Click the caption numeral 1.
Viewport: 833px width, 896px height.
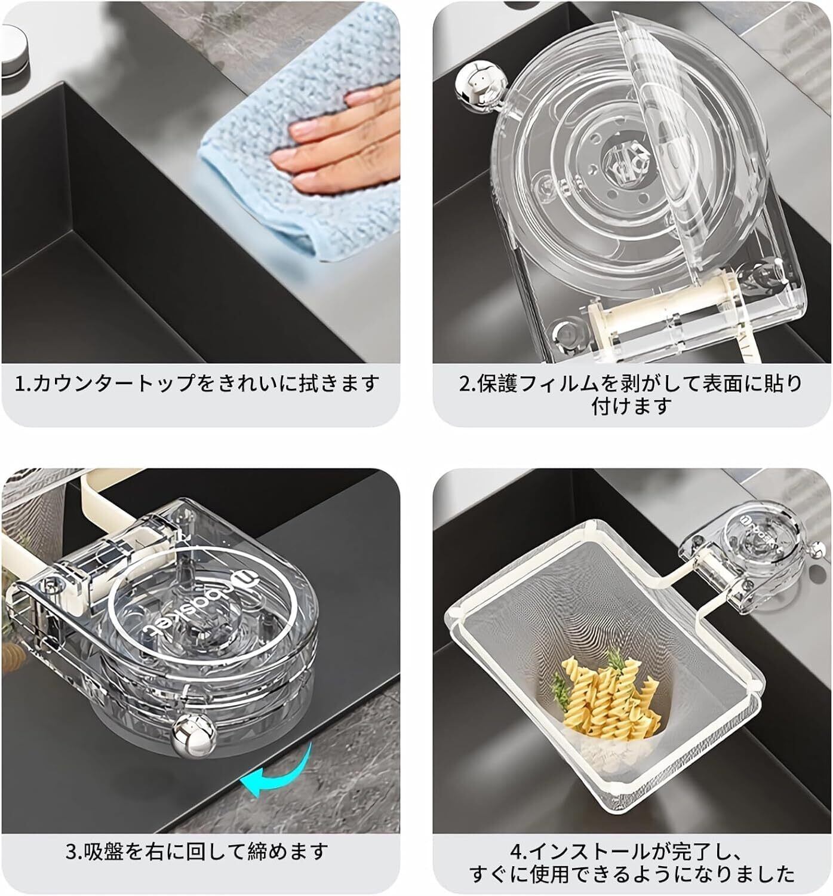(19, 384)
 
